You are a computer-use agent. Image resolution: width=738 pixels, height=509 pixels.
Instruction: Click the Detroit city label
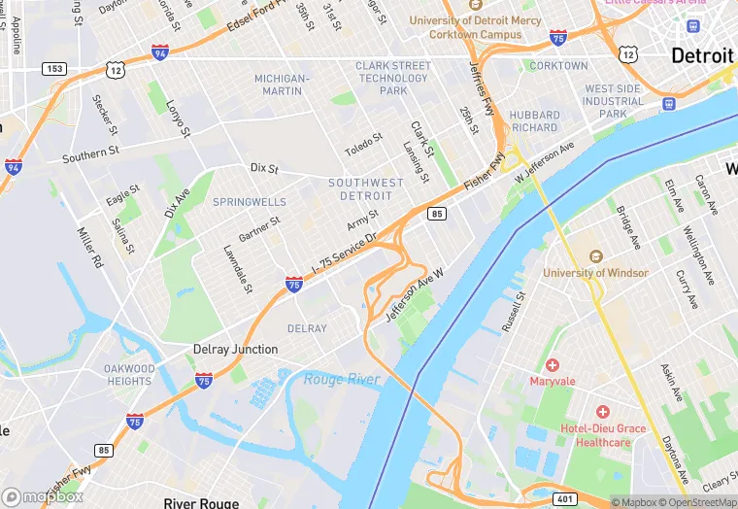[702, 55]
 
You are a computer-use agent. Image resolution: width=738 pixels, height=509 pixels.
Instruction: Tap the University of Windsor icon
[596, 256]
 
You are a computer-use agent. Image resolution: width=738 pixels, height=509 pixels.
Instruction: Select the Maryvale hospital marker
[553, 365]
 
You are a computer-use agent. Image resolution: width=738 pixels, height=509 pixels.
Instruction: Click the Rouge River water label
[341, 379]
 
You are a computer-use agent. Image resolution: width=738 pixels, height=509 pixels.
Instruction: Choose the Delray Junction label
[235, 349]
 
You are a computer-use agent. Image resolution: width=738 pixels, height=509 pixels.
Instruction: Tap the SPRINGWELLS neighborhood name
[250, 202]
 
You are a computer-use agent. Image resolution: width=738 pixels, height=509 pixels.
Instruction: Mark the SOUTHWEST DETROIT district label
[366, 189]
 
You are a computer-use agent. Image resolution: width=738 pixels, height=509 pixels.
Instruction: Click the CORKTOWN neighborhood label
[559, 66]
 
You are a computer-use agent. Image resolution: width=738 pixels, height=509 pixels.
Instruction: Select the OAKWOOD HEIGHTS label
[129, 375]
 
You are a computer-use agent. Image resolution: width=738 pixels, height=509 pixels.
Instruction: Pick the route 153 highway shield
[53, 68]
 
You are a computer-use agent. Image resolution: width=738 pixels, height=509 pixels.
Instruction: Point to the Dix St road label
[264, 168]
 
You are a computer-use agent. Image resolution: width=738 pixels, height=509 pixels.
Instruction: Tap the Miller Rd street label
[90, 248]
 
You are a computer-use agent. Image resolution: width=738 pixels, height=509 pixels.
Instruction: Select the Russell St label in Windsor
[514, 311]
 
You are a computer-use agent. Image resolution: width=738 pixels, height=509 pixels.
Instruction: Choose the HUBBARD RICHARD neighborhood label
[534, 121]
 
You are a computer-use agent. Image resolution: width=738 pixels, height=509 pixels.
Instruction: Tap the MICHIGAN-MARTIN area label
[282, 85]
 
